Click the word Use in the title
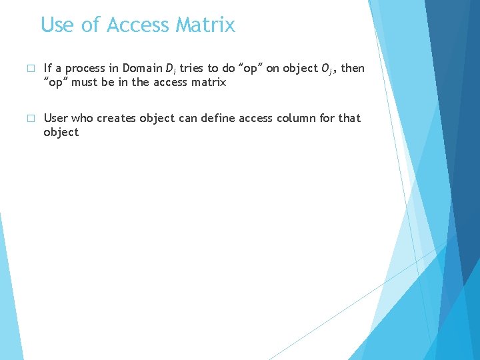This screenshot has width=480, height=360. (x=57, y=25)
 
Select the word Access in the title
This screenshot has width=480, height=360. (x=138, y=25)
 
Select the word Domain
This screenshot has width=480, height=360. (x=142, y=68)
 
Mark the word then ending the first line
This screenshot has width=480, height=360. (x=353, y=68)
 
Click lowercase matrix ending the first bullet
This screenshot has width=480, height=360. (x=209, y=83)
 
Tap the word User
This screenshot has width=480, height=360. (x=56, y=118)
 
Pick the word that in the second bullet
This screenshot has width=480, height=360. (x=349, y=118)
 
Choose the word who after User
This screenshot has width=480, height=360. (x=83, y=118)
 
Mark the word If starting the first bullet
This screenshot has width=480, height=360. (x=47, y=68)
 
